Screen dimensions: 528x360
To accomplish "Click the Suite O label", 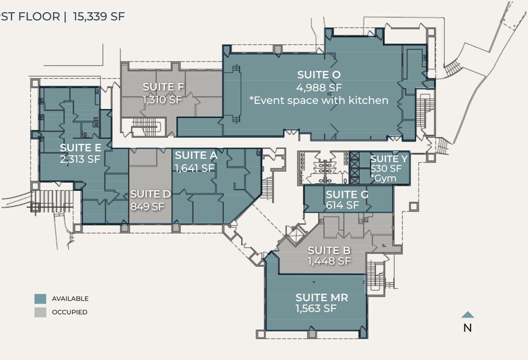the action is coord(319,75).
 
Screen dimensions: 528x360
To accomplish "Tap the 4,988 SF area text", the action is coord(319,88).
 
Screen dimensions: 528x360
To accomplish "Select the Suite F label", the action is coord(163,86).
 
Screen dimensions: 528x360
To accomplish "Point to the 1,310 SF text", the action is coord(162,99).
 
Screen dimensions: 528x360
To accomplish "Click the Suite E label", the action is coord(81,148).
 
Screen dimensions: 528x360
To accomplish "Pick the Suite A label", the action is coord(196,155).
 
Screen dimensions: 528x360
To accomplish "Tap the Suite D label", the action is coord(151,194).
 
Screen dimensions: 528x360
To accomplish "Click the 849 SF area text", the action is coord(147,206).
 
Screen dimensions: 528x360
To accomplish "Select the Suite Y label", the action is coord(389,159).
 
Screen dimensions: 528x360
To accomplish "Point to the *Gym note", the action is coord(383,178).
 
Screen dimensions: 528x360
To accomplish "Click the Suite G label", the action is coord(347,195).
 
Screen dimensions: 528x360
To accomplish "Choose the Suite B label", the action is coord(329,250).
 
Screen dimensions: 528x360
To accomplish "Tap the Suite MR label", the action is coord(322,298).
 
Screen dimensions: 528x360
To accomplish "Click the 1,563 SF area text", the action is coord(316,308).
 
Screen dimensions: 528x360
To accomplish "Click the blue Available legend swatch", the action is coord(40,299).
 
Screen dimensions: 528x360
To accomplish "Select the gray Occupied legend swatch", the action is coord(40,312).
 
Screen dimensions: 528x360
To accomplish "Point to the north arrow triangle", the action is coord(467,315).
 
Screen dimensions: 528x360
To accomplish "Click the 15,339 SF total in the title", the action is coord(99,16).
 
